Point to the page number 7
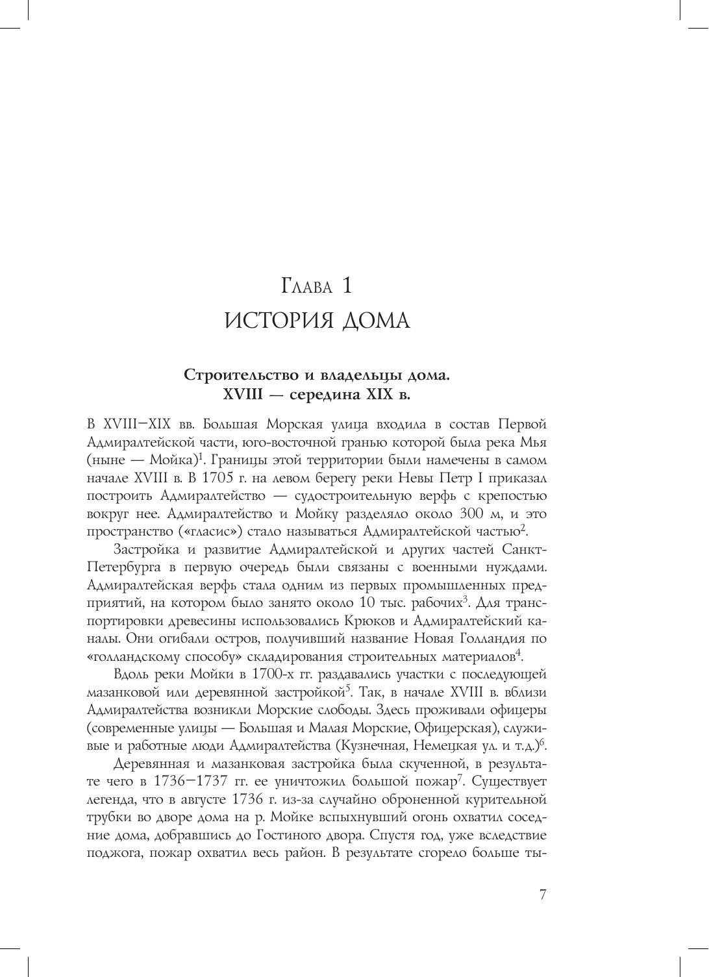pyautogui.click(x=543, y=895)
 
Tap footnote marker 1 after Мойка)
pyautogui.click(x=201, y=456)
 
